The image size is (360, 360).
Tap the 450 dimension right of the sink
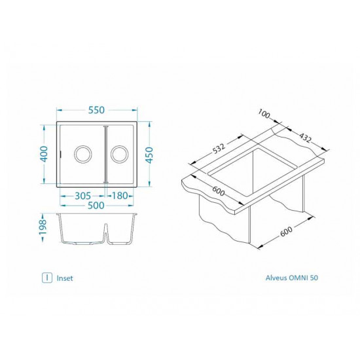(x=150, y=154)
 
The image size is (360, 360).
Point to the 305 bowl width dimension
(x=82, y=195)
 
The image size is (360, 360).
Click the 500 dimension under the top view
(x=98, y=205)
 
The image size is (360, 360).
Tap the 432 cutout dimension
(x=302, y=138)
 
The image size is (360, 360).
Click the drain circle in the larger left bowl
(x=83, y=154)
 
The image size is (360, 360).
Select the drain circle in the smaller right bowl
(x=119, y=154)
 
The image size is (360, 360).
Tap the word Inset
(x=65, y=278)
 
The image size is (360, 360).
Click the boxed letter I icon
(x=46, y=278)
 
